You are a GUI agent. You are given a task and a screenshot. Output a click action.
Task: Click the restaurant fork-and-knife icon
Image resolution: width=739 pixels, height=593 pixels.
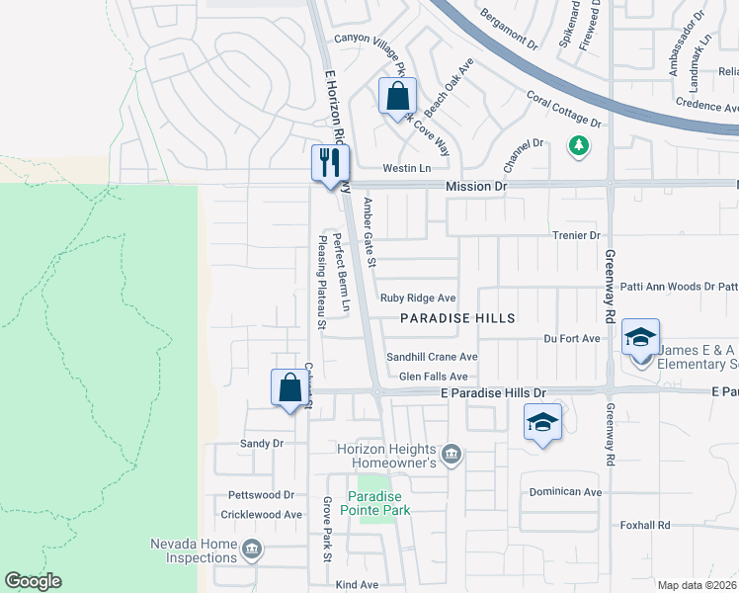(330, 162)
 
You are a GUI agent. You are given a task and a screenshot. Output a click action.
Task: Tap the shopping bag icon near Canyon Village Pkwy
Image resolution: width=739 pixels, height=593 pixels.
(397, 97)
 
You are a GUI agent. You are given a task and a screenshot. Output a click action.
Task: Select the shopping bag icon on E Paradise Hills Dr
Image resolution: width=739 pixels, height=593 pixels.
(290, 386)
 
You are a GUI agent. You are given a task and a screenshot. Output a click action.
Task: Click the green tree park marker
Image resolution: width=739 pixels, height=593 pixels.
(578, 146)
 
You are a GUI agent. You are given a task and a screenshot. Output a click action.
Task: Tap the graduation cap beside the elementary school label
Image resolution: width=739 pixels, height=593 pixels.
(640, 337)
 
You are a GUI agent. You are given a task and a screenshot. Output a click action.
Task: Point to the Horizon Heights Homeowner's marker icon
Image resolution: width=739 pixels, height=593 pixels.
(452, 454)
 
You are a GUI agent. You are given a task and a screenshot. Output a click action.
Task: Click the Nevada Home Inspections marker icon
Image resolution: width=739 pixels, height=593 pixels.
(251, 549)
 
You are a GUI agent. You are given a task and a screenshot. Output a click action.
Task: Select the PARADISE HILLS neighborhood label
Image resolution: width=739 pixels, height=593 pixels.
(457, 318)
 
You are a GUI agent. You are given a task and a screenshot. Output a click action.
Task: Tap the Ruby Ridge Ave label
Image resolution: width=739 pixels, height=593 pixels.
(418, 297)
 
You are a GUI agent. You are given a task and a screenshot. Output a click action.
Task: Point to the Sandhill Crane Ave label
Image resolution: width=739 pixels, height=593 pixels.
(432, 357)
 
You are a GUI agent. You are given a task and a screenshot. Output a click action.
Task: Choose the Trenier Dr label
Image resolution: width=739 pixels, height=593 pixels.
(576, 235)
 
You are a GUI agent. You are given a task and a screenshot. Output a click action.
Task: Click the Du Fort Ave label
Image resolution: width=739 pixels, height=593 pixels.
(572, 338)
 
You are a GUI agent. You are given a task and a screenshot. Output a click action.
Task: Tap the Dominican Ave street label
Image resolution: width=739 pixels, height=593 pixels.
(565, 492)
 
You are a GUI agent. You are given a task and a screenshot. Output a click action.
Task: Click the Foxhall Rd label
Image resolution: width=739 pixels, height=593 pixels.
(645, 525)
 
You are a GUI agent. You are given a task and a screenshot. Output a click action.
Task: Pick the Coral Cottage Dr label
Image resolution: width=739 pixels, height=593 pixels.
(564, 110)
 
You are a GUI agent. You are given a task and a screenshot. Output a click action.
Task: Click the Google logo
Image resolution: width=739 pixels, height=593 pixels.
(33, 581)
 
